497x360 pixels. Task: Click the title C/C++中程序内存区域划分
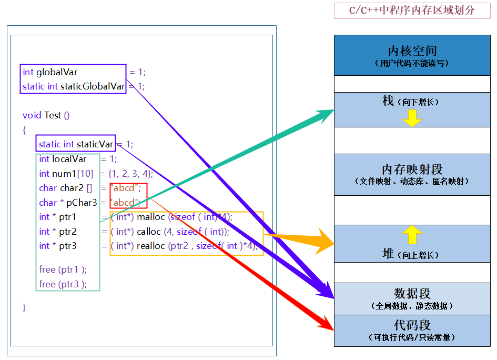[412, 11]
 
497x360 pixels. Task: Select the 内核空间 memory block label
[412, 51]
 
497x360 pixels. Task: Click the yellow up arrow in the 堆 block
[412, 234]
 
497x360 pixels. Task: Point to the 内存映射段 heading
[412, 169]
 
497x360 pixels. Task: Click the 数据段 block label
[412, 293]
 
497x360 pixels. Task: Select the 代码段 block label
[412, 325]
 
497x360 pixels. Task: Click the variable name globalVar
[57, 72]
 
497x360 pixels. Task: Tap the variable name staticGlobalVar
[93, 86]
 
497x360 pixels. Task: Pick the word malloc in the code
[151, 217]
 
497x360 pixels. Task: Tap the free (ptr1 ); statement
[63, 269]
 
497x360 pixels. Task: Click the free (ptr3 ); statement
[63, 284]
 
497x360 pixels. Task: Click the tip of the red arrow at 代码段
[333, 329]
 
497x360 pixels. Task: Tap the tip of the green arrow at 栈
[334, 110]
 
